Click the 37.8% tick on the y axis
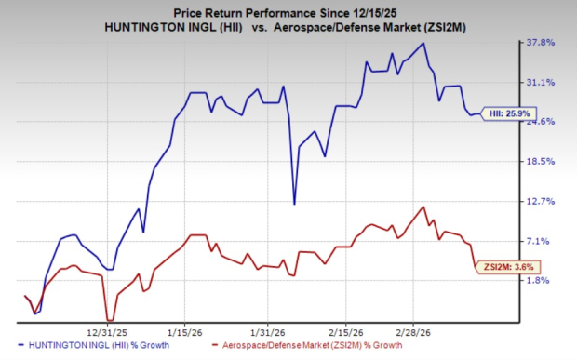(542, 43)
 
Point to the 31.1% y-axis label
(542, 83)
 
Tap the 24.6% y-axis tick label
(542, 122)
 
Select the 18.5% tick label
(542, 162)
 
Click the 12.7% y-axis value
(542, 201)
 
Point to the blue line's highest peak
(424, 43)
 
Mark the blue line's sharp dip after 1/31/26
(294, 204)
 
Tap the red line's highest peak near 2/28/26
(424, 207)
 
